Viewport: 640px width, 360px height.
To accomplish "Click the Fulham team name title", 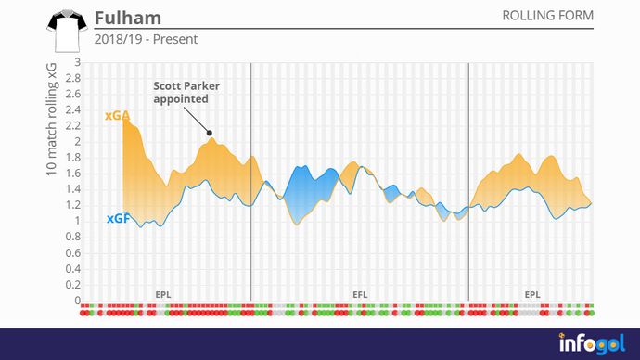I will [127, 19].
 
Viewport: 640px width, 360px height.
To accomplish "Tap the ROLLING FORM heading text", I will [547, 17].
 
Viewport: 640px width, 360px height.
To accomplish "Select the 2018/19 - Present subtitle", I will [146, 40].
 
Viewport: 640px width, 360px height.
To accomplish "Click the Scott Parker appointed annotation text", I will [182, 91].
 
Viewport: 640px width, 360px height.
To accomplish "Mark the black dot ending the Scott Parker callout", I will [211, 133].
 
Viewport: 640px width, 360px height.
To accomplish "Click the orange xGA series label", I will [118, 116].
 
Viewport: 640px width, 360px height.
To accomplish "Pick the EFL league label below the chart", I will [359, 294].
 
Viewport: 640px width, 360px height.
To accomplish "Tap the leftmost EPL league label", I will [163, 294].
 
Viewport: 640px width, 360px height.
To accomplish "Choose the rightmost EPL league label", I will [532, 294].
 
